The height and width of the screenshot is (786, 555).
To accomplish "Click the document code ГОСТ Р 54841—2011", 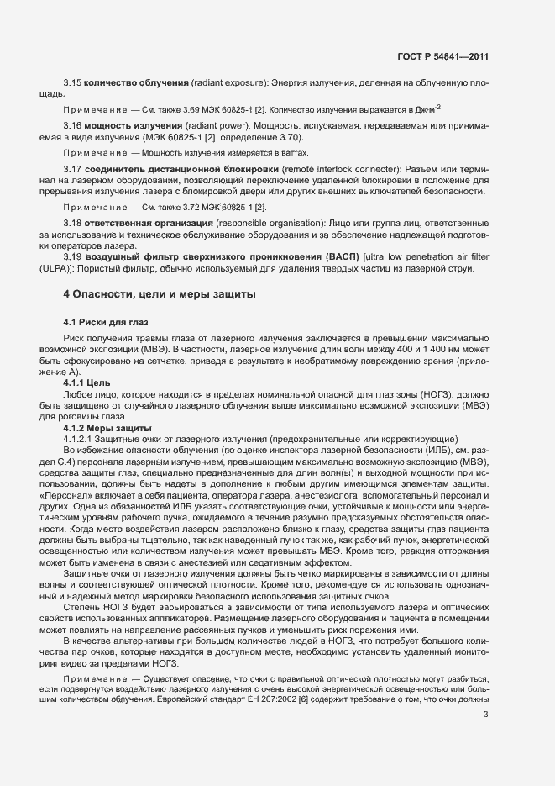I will click(442, 56).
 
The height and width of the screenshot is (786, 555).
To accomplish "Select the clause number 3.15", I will click(71, 85).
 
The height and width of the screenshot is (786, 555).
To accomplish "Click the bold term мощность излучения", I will click(118, 125).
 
